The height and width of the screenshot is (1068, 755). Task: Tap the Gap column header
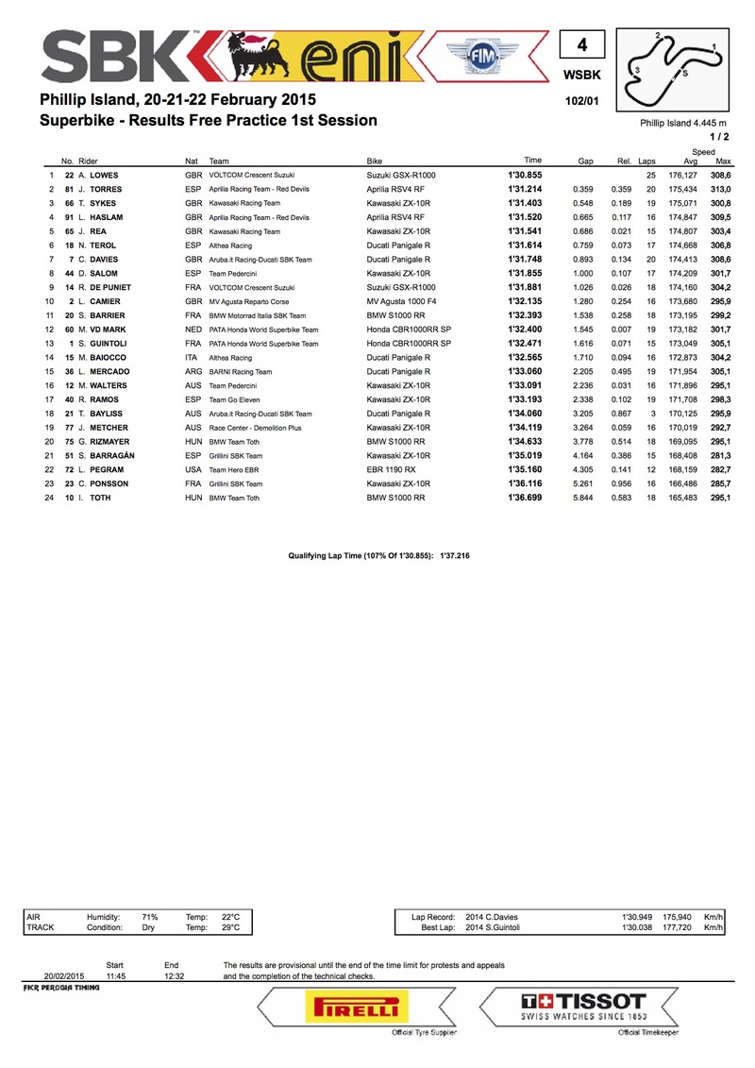(x=585, y=161)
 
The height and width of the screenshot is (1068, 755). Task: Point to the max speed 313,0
(x=721, y=190)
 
